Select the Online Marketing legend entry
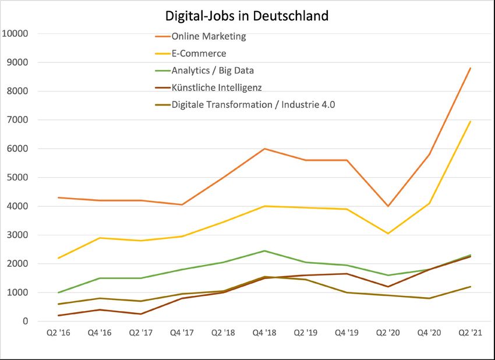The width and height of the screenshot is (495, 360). [208, 36]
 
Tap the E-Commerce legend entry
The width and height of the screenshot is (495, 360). [198, 54]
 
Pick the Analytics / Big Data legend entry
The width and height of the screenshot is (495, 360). [212, 70]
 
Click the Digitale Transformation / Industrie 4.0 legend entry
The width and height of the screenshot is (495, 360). [253, 105]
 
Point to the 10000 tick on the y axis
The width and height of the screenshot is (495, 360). [16, 33]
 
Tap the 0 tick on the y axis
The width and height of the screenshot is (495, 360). [25, 321]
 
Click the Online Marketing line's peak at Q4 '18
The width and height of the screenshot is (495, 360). [264, 149]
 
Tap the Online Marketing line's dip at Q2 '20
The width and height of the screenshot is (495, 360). [387, 206]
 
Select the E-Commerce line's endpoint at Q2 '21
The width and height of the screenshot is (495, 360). [470, 121]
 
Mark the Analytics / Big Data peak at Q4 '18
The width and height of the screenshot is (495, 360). [264, 251]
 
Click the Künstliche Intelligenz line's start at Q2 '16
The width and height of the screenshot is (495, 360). [58, 315]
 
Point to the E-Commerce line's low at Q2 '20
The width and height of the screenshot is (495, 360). [387, 234]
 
